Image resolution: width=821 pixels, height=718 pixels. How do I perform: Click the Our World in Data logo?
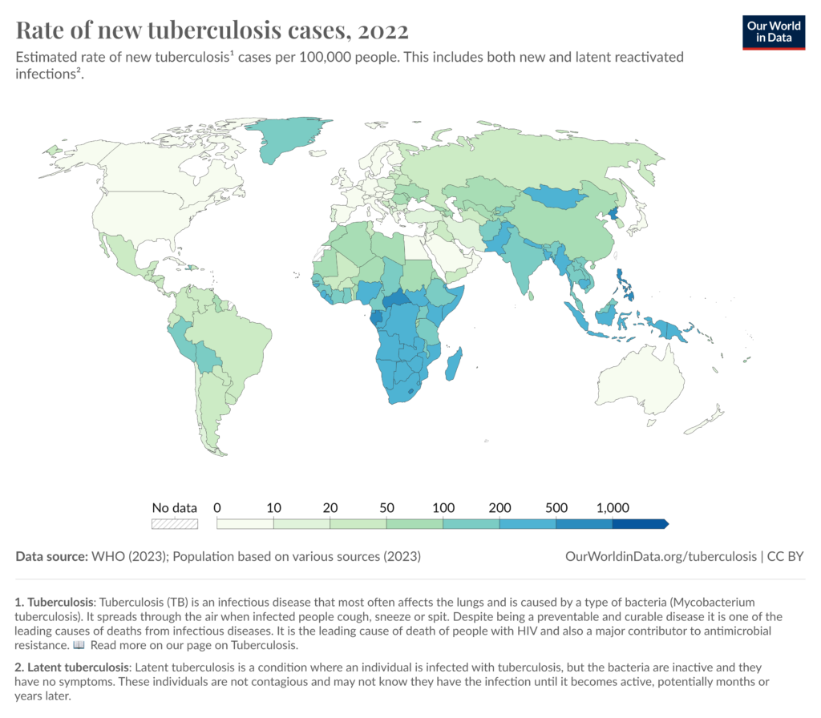[x=774, y=32]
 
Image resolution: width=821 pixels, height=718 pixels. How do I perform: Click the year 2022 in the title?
[x=382, y=30]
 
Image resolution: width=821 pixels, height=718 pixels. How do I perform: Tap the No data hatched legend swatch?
[x=175, y=524]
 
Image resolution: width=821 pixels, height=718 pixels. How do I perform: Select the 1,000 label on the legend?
[x=613, y=507]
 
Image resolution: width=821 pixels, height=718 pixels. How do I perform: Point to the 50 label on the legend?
[x=386, y=507]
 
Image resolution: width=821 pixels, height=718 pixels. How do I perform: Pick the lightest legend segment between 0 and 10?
[x=245, y=524]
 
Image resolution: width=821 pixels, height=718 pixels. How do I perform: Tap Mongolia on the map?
[x=555, y=196]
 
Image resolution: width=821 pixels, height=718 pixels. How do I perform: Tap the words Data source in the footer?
[x=51, y=556]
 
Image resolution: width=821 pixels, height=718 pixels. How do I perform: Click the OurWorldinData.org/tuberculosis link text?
[x=661, y=556]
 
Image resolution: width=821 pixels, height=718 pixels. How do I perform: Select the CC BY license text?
[x=785, y=556]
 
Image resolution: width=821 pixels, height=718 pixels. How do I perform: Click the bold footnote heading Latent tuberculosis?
[x=78, y=668]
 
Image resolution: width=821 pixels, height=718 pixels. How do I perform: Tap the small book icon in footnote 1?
[x=79, y=645]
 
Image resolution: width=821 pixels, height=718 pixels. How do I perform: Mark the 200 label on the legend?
[x=499, y=507]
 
